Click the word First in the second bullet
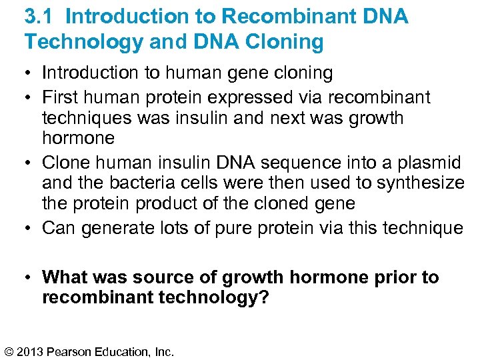coord(59,97)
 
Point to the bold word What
coord(65,277)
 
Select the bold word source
coord(178,277)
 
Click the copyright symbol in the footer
coord(9,351)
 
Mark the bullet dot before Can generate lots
coord(29,228)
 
